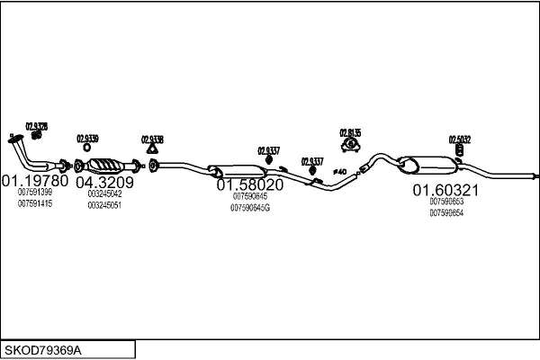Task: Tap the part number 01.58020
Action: [250, 184]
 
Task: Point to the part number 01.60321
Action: [445, 190]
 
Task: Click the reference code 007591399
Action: [35, 192]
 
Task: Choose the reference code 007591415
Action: [35, 203]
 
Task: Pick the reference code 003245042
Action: [104, 193]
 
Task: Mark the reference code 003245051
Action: [104, 205]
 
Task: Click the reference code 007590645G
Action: [250, 208]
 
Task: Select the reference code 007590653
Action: [446, 202]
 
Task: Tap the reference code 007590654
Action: [446, 212]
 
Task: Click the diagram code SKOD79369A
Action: [45, 349]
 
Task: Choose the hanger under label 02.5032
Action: [459, 149]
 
